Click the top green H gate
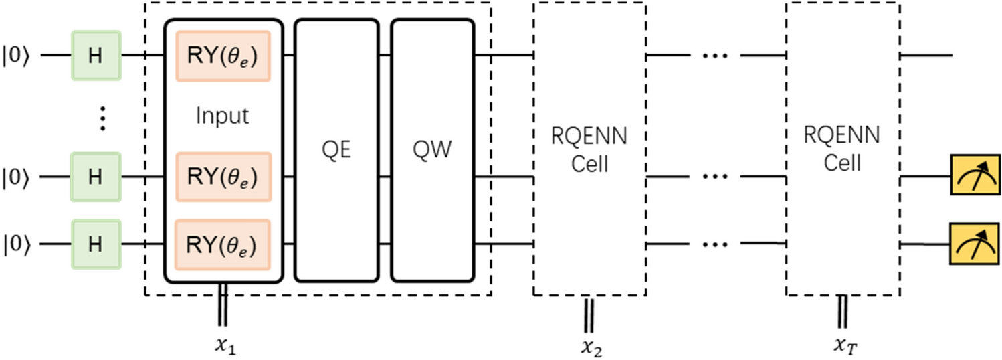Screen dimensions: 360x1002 point(96,54)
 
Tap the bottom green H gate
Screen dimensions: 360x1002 point(96,244)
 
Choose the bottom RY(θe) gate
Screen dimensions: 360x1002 point(223,244)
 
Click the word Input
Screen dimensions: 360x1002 point(222,116)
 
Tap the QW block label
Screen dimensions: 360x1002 point(431,149)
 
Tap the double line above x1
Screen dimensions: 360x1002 point(222,306)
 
